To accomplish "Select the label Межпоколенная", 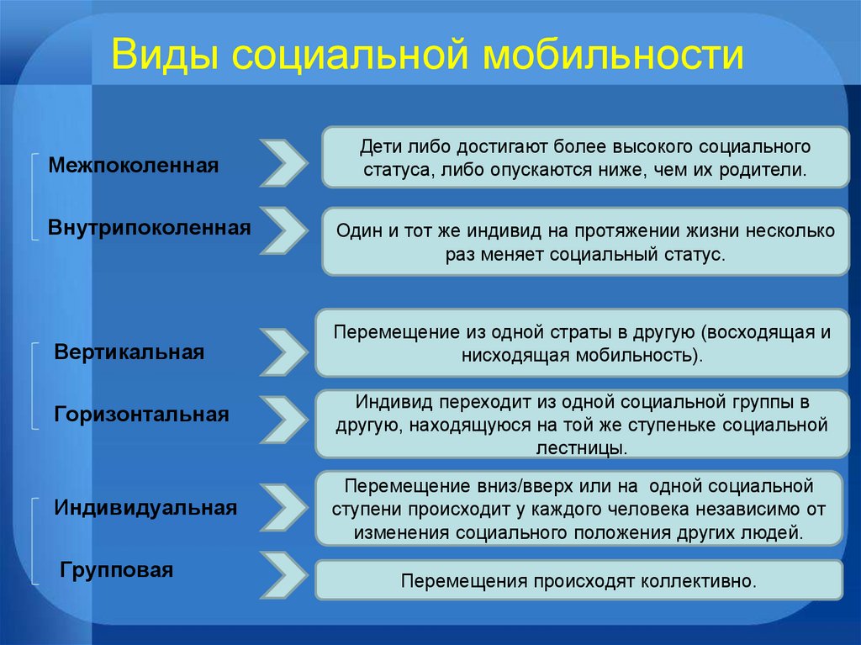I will tap(133, 165).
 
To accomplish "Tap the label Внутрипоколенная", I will tap(149, 227).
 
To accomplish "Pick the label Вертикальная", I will tap(129, 352).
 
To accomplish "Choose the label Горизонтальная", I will tap(142, 415).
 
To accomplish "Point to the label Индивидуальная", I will tap(145, 508).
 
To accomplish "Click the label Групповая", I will tap(117, 571).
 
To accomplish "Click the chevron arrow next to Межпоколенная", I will tap(283, 163).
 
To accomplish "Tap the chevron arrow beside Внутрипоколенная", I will tap(283, 229).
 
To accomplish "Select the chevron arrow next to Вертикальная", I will tap(283, 352).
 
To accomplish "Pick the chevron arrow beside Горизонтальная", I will tap(283, 415).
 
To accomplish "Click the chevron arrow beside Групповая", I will tap(283, 574).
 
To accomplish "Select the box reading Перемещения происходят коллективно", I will tap(578, 581).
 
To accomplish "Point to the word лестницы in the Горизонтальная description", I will tap(580, 447).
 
